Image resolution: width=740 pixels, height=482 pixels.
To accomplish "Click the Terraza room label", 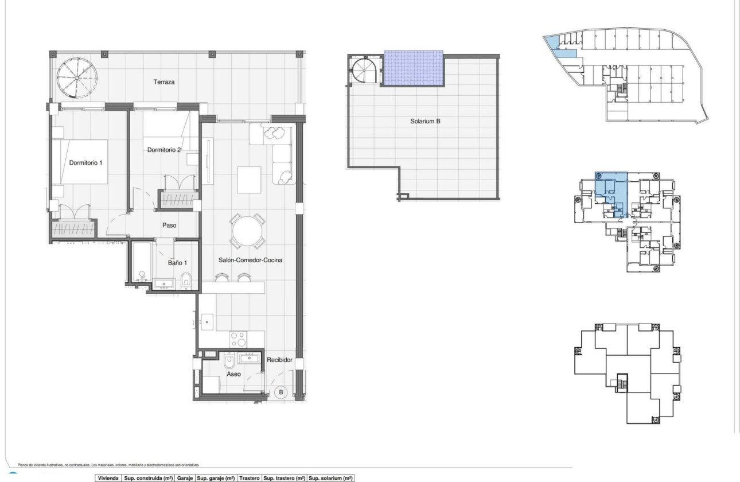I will [x=163, y=82].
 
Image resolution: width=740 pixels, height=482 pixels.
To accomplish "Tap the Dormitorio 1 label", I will [x=85, y=163].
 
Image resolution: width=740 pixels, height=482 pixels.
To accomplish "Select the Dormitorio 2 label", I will [x=164, y=150].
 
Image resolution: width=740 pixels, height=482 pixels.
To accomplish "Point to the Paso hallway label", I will [x=169, y=226].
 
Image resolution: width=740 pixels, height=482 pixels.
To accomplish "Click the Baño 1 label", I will [x=177, y=263].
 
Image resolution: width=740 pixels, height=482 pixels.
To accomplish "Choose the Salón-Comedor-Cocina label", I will [x=250, y=260].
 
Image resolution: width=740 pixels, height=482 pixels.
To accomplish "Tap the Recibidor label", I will [x=280, y=360].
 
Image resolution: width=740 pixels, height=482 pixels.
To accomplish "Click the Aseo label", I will [x=233, y=374].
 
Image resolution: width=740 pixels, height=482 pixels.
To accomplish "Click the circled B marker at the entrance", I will [x=281, y=393].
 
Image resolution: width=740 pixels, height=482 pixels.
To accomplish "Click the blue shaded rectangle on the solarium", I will [x=414, y=68].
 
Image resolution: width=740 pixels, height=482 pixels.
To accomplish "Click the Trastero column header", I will [x=250, y=478].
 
